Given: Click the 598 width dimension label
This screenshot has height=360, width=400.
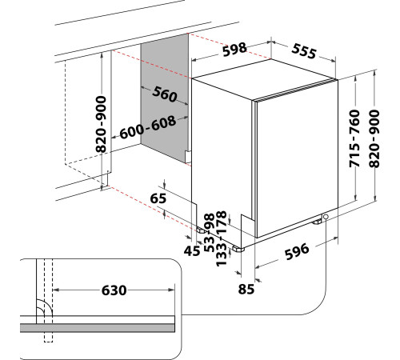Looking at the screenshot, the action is (234, 50).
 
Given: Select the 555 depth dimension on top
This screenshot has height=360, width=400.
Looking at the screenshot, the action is (304, 51).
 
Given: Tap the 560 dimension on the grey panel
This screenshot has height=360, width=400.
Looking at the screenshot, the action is (165, 94).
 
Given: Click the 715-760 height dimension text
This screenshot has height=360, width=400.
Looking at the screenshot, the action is (354, 138).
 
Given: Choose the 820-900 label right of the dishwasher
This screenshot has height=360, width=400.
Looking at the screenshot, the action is (374, 138).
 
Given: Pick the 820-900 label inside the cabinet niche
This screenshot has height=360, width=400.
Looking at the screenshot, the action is (101, 124).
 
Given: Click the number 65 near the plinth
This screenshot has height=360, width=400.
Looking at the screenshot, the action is (158, 198).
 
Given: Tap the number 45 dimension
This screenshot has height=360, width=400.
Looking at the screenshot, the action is (192, 251).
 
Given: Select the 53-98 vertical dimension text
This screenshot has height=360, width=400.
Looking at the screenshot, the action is (210, 233).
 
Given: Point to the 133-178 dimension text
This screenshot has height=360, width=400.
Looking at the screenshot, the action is (222, 238).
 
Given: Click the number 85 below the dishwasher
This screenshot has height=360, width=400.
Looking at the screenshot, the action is (246, 289).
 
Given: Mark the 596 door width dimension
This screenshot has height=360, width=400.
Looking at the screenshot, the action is (297, 251).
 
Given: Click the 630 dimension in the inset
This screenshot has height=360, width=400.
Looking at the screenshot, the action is (114, 290).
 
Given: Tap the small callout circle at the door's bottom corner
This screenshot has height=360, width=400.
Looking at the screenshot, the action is (326, 217).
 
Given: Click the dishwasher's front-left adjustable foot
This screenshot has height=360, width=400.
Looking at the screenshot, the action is (238, 249).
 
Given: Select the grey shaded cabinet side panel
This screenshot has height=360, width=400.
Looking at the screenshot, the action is (165, 98).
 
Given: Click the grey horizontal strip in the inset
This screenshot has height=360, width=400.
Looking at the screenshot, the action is (98, 328).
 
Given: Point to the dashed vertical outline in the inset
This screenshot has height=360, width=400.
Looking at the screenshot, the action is (48, 301).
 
